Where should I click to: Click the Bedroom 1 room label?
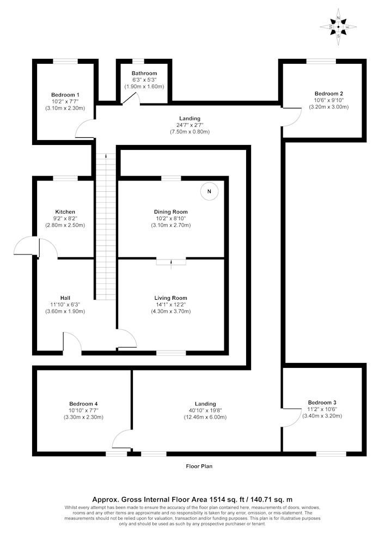pos(65,95)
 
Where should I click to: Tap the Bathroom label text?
pos(144,74)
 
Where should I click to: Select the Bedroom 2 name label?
pos(329,94)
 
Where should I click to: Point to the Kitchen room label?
pos(65,211)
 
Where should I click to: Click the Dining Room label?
pos(171,211)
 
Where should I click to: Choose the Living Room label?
pos(171,298)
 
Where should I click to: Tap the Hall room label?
pos(65,298)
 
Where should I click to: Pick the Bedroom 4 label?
pos(83,404)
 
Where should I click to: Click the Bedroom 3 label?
pos(322,403)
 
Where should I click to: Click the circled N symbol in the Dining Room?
pos(209,191)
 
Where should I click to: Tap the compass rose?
pos(339,27)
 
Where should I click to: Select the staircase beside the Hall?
pos(106,227)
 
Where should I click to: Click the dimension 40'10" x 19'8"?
pos(205,410)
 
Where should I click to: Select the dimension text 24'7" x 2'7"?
pos(190,125)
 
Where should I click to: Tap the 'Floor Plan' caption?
pos(199,466)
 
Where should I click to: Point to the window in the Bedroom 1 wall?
pos(65,62)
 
